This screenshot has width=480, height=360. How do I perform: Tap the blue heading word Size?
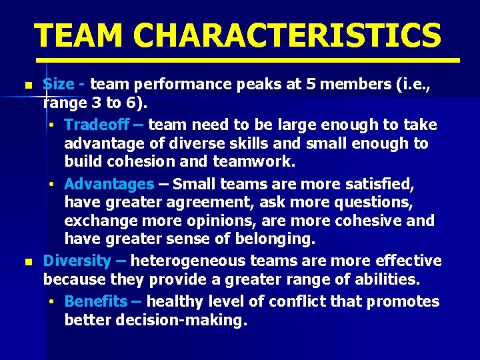click(58, 85)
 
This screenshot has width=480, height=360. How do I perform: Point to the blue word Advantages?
click(109, 183)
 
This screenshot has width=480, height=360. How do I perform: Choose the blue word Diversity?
click(77, 261)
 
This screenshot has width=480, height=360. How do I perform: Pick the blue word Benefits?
click(95, 301)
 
